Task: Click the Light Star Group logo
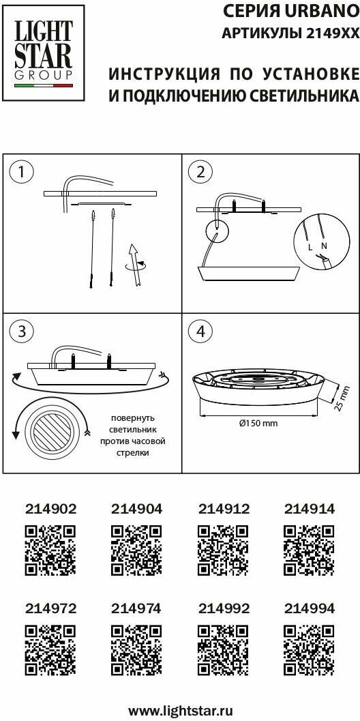(44, 53)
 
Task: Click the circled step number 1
(20, 173)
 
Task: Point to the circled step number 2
(200, 173)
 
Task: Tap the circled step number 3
(20, 332)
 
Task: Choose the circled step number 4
(200, 332)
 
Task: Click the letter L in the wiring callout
(311, 248)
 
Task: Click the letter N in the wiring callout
(324, 246)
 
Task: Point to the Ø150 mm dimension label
(258, 423)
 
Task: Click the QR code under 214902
(50, 550)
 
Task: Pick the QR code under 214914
(310, 550)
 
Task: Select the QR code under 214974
(136, 650)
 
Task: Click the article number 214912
(224, 509)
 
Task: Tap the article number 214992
(224, 608)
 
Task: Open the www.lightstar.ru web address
(181, 710)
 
